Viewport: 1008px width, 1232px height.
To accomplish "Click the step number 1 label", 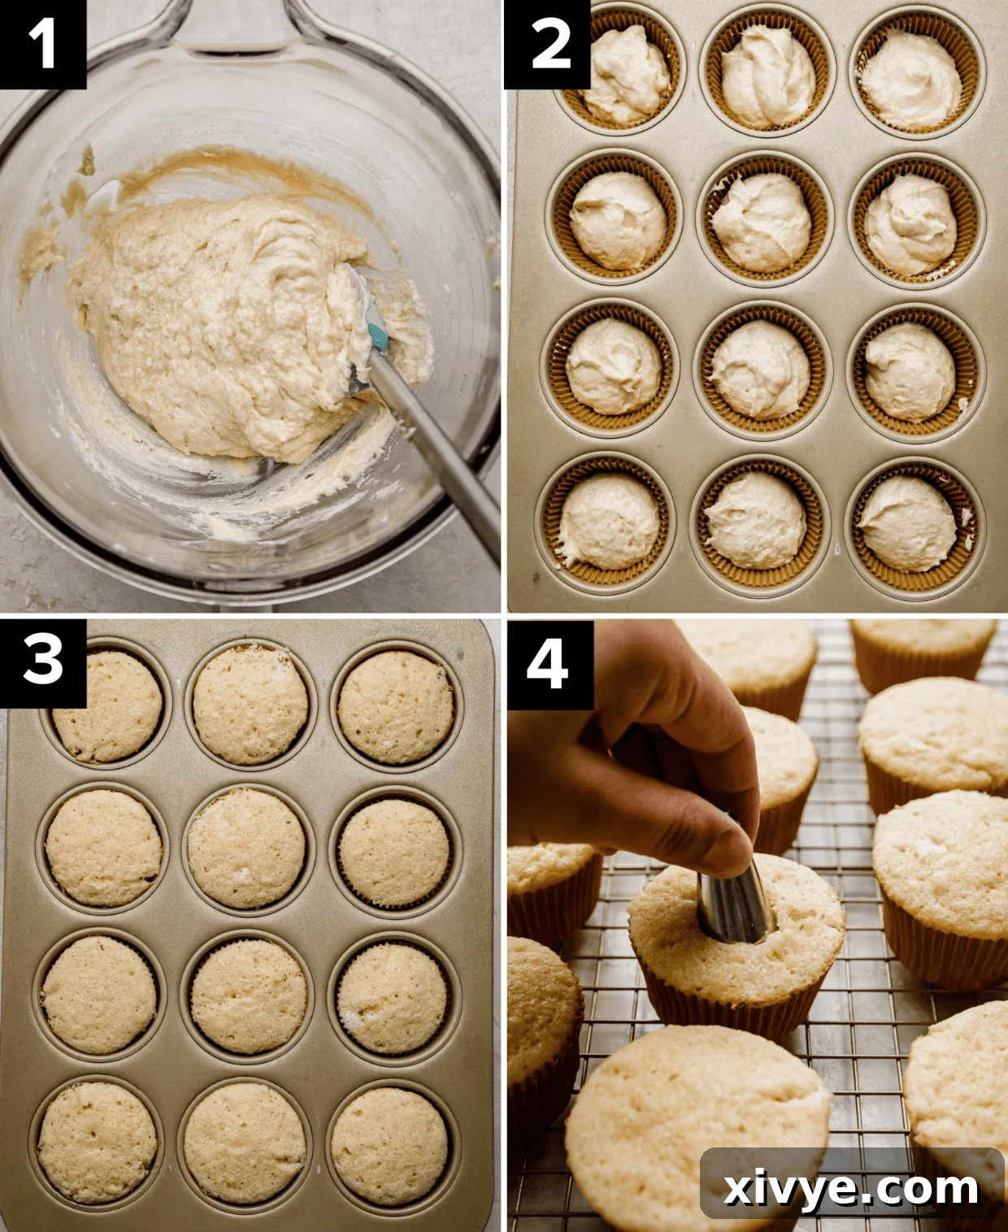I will pos(42,44).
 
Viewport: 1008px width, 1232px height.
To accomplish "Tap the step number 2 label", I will pos(550,44).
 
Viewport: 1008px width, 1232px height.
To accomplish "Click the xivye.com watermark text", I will pos(851,1188).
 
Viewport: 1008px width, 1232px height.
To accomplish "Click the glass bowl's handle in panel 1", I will pos(236,24).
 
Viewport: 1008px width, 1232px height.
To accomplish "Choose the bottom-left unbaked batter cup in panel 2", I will pos(610,520).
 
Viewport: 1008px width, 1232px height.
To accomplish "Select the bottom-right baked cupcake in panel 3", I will pos(390,1146).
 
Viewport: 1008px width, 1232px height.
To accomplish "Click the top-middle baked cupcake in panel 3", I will pos(250,705).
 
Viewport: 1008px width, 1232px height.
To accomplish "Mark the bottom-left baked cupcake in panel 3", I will pos(98,1142).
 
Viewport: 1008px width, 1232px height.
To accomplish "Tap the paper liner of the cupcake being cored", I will pos(732,1012).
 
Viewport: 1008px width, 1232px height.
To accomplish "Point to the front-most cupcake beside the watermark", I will pos(691,1121).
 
